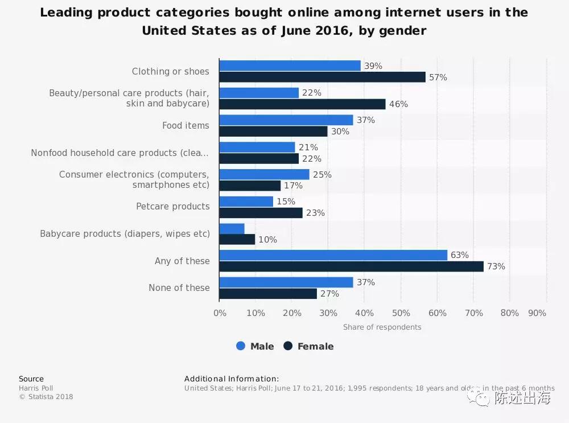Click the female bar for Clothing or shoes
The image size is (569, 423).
coord(322,77)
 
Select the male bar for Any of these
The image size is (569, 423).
coord(333,255)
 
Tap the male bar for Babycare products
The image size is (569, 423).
coord(232,228)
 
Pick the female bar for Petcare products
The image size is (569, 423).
coord(261,212)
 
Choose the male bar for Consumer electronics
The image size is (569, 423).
coord(264,174)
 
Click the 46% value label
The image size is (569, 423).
coord(398,104)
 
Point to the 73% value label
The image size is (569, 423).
coord(496,266)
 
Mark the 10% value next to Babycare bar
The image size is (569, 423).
coord(267,240)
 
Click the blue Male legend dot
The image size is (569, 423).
coord(241,346)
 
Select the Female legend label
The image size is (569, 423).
coord(315,346)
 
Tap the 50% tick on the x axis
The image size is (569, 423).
coord(401,313)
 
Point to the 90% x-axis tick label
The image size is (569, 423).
coord(537,313)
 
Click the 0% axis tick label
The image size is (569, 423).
coord(220,313)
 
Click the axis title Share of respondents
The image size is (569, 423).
coord(382,327)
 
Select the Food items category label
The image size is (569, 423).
coord(185,125)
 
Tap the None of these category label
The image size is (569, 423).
coord(179,288)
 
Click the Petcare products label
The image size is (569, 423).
coord(172,206)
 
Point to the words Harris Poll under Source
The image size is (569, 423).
coord(36,388)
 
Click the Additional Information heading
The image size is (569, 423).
coord(232,379)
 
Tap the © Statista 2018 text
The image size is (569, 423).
coord(46,397)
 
